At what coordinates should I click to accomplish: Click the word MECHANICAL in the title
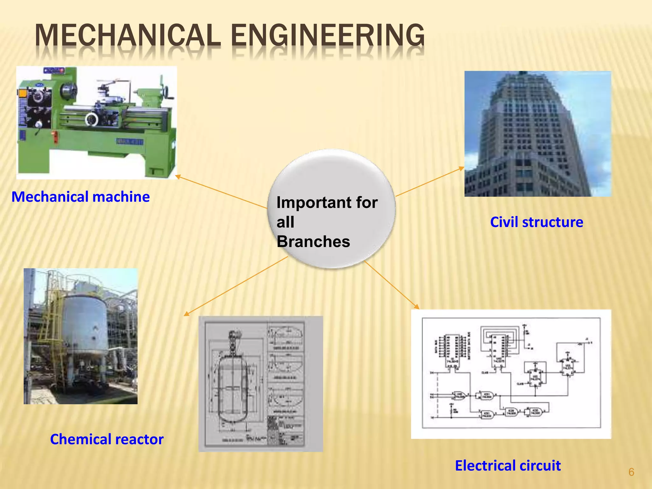[127, 36]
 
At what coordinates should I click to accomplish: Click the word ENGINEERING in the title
[328, 36]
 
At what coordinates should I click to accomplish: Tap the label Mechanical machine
[81, 197]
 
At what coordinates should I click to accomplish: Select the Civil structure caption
[536, 222]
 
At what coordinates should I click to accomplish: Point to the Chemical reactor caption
[107, 439]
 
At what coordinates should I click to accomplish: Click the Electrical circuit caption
[508, 465]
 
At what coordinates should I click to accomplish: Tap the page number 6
[631, 472]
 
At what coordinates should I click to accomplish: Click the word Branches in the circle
[313, 241]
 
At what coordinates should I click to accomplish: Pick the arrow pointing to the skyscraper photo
[430, 181]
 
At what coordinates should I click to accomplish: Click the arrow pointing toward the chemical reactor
[236, 287]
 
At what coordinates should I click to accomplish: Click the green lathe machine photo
[96, 123]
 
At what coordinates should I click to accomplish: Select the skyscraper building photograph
[537, 134]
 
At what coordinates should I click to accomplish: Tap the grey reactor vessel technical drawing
[260, 384]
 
